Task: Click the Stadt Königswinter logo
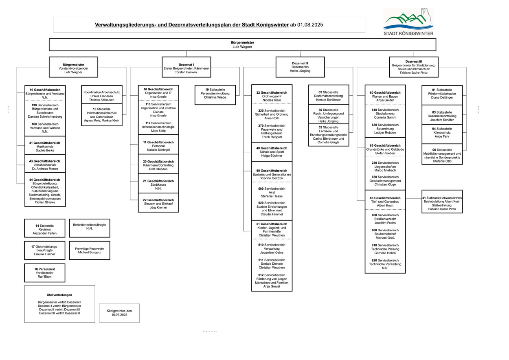(x=408, y=22)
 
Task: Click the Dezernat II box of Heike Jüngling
(x=300, y=67)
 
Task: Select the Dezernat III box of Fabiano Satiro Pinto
(x=414, y=67)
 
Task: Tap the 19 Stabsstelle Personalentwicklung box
(x=215, y=95)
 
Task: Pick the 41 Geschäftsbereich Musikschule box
(x=45, y=145)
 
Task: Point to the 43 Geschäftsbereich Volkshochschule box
(x=45, y=164)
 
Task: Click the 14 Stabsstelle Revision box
(x=44, y=228)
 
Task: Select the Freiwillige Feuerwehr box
(x=90, y=250)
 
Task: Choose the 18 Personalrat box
(x=44, y=273)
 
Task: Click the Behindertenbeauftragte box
(x=90, y=228)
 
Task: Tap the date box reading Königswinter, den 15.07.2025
(x=119, y=313)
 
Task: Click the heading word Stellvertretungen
(x=59, y=295)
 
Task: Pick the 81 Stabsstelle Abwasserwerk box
(x=442, y=202)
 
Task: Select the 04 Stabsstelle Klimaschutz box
(x=442, y=134)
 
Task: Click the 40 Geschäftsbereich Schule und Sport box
(x=272, y=152)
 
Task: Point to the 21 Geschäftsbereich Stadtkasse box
(x=158, y=184)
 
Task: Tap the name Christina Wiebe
(x=215, y=97)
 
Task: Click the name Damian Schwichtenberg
(x=45, y=116)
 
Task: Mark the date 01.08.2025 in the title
(x=310, y=25)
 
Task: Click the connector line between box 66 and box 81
(x=414, y=199)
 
